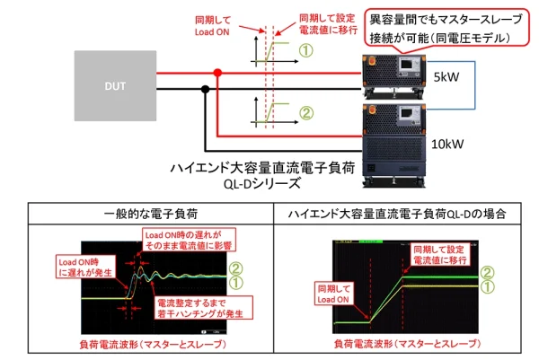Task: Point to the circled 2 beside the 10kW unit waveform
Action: pos(305,113)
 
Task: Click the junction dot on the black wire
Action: pos(206,88)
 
